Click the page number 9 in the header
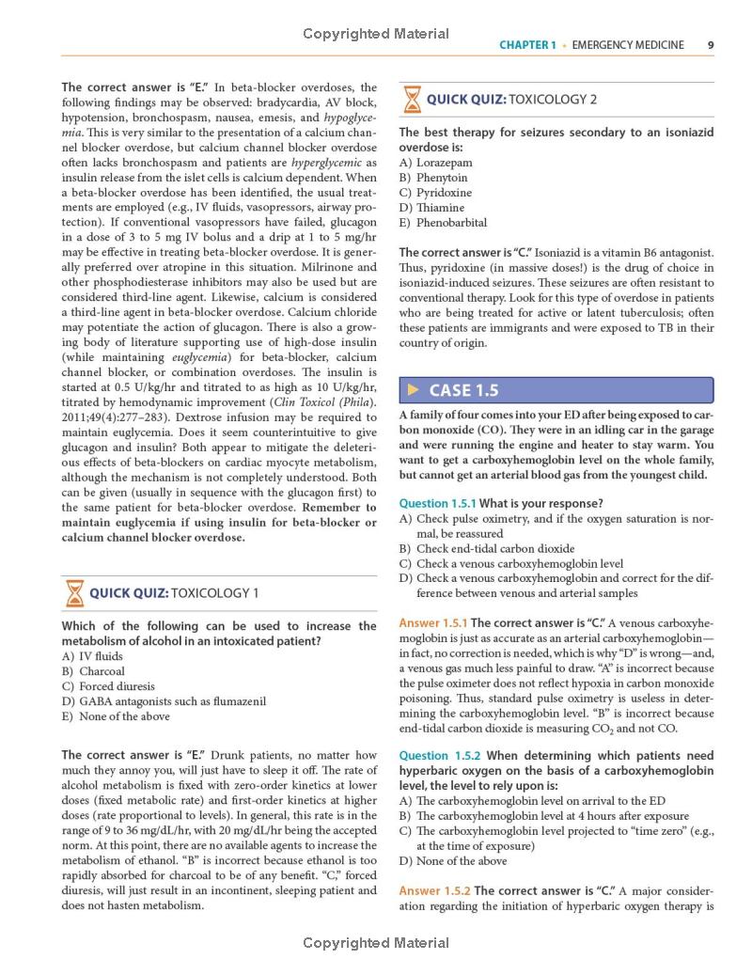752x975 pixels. [711, 44]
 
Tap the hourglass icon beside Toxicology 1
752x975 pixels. [73, 592]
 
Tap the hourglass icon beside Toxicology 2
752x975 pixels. [412, 99]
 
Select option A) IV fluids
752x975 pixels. [93, 656]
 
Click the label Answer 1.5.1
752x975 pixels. [432, 623]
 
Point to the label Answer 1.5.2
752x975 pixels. [433, 890]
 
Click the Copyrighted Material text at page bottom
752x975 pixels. [376, 943]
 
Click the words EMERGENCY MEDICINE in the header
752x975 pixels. [628, 44]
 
